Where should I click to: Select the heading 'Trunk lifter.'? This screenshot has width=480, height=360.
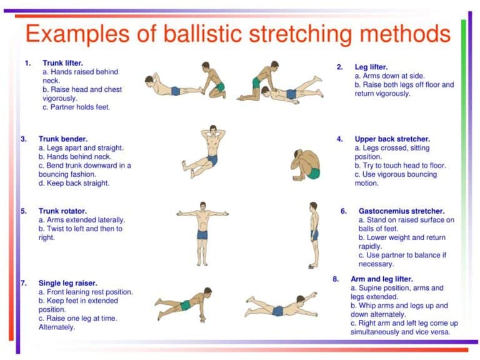pos(62,63)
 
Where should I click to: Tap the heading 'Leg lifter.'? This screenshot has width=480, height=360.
pos(371,67)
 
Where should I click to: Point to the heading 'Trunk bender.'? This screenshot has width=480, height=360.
pos(63,139)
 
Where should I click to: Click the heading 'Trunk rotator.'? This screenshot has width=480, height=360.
pos(62,211)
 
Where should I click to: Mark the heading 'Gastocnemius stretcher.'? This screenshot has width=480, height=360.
pos(401,211)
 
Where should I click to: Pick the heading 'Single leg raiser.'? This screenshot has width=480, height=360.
pos(67,283)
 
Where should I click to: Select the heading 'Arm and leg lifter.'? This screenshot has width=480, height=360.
pos(382,279)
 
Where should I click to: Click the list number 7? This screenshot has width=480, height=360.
pos(24,283)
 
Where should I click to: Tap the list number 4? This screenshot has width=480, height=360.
pos(340,139)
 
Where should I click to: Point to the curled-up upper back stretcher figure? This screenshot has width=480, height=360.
pos(306,164)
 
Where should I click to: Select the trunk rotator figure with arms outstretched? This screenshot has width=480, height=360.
pos(201,229)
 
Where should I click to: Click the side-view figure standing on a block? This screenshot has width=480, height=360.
pos(313,234)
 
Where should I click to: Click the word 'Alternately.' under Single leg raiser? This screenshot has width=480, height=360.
pos(57,327)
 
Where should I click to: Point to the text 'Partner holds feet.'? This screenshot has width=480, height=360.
pos(79,107)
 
